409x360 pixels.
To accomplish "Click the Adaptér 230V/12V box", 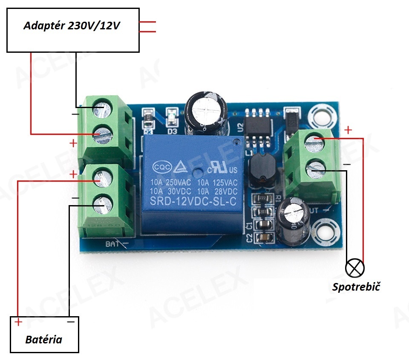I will (73, 30).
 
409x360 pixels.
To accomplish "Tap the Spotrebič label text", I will (356, 286).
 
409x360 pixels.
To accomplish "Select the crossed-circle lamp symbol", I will (355, 267).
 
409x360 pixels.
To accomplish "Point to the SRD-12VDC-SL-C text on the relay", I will (193, 202).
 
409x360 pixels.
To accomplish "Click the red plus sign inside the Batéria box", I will (18, 322).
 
